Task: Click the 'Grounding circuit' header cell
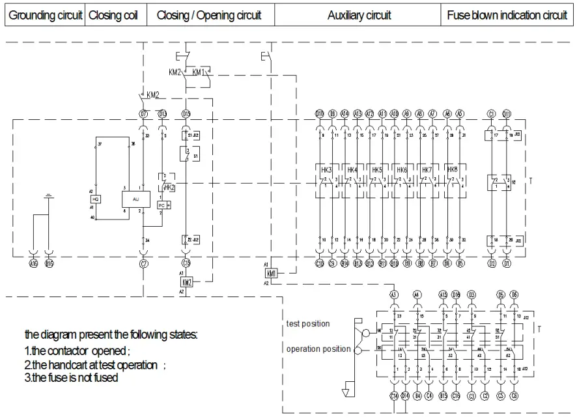click(45, 16)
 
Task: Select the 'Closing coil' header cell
click(113, 16)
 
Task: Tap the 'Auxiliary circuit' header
click(359, 16)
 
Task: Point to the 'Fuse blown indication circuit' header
click(507, 16)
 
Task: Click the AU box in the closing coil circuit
click(135, 199)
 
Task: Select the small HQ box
click(96, 199)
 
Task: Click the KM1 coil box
click(272, 274)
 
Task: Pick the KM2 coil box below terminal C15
click(186, 282)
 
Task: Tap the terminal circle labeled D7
click(143, 114)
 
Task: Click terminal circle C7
click(143, 263)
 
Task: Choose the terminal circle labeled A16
click(33, 263)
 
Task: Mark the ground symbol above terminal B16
click(49, 195)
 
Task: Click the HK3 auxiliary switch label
click(327, 170)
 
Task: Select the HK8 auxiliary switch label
click(451, 170)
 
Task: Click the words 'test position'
click(308, 324)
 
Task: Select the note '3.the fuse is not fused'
click(71, 378)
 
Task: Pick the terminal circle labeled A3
click(393, 295)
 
